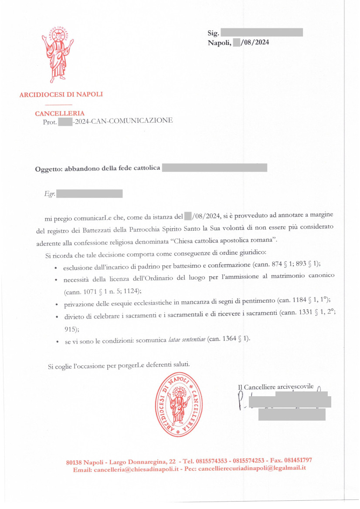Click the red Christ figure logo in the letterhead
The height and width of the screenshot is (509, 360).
[58, 54]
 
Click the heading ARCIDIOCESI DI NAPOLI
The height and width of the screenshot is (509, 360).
[61, 94]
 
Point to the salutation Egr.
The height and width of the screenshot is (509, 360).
[50, 194]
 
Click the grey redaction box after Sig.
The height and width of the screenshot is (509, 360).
[262, 32]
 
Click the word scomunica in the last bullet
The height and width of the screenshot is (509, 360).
[152, 340]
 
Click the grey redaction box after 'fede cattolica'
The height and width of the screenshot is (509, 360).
[214, 168]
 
